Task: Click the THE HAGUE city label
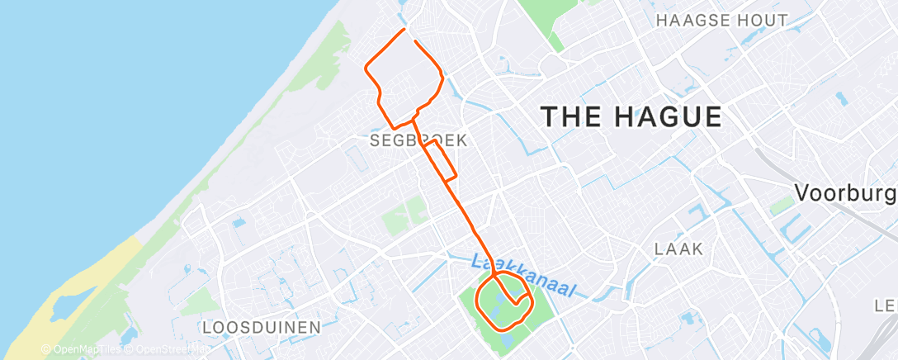pos(631,116)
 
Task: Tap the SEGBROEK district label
pos(418,141)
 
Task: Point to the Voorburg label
pos(844,193)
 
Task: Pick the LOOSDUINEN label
pos(261,328)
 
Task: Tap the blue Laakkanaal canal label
pos(524,277)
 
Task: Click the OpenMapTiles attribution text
pos(81,350)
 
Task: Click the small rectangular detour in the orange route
pos(441,159)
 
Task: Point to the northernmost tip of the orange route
pos(404,30)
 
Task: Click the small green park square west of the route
pos(404,216)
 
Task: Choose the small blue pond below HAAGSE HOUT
pos(840,99)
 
